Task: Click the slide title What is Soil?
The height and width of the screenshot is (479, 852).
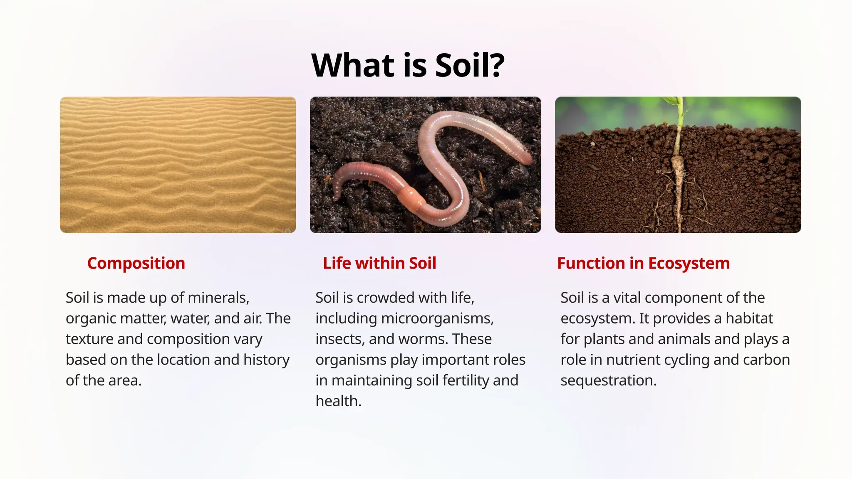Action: [408, 66]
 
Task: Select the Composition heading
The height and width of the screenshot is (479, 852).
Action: [136, 263]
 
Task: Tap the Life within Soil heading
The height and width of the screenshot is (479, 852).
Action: [379, 263]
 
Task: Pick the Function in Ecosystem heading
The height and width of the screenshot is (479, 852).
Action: [643, 263]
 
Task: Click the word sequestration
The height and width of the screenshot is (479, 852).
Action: [608, 380]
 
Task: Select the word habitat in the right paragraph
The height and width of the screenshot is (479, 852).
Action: [749, 319]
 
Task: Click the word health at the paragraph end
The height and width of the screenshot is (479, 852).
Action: [338, 401]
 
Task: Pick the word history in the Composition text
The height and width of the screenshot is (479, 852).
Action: [266, 360]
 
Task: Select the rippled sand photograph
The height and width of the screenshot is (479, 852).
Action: [178, 165]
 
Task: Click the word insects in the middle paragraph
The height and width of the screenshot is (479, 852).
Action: [339, 339]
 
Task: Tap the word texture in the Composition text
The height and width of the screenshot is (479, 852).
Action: [89, 339]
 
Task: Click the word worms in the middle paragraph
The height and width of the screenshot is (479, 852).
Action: [423, 339]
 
